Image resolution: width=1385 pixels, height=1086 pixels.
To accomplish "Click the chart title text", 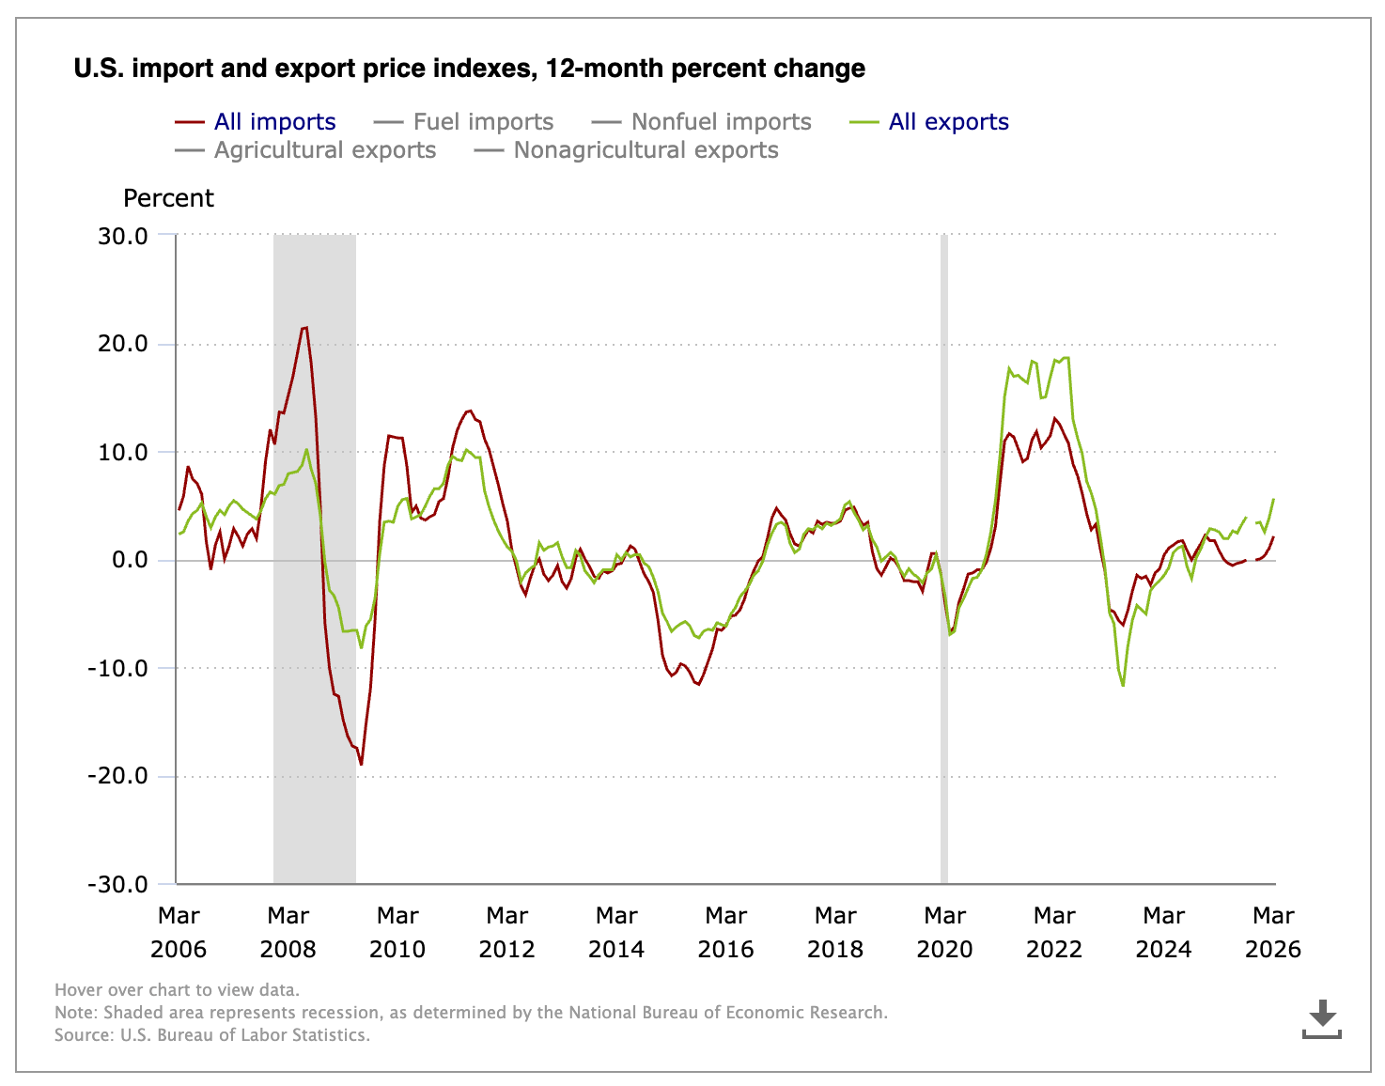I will (x=469, y=69).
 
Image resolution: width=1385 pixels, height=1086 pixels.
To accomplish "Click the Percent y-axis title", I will (x=168, y=198).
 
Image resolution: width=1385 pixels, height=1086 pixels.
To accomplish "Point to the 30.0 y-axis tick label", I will (x=123, y=236).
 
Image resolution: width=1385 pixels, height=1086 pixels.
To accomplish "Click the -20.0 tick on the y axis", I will (x=117, y=776).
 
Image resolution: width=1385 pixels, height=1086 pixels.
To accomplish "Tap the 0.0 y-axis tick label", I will (x=130, y=560).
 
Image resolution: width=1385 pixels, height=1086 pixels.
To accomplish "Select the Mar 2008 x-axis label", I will (x=288, y=932).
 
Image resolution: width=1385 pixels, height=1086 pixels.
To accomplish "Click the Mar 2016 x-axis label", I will (x=725, y=932).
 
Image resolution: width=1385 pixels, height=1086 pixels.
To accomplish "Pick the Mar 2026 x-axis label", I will (x=1272, y=932).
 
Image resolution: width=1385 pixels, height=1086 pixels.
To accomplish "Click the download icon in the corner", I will (x=1322, y=1019).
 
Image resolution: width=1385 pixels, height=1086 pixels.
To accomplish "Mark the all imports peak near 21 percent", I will (x=304, y=328).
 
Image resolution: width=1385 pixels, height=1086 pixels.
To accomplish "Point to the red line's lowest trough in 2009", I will (x=361, y=764).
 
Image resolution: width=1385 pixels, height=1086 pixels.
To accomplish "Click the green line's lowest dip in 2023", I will (x=1123, y=685).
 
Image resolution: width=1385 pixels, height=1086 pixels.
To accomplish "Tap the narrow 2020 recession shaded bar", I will (x=944, y=559).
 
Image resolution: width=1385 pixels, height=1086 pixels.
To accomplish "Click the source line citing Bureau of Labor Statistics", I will (x=212, y=1035).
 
